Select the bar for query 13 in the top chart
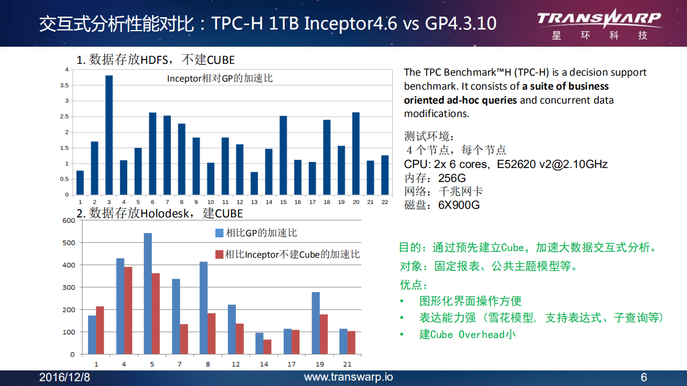point(254,183)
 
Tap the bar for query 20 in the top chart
point(356,154)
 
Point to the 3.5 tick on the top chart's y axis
point(64,85)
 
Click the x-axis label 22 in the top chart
point(385,202)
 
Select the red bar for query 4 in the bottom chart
point(128,310)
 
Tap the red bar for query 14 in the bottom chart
point(267,347)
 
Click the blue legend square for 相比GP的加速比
point(219,233)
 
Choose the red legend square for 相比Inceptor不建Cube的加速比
point(219,254)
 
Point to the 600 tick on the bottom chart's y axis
point(68,221)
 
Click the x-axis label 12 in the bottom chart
point(236,365)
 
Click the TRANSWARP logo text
point(599,19)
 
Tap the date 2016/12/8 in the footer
point(64,377)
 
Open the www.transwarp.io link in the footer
point(348,377)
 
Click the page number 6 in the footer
point(643,377)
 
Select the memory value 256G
point(452,178)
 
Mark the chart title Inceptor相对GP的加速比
point(220,78)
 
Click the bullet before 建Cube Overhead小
point(402,334)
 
